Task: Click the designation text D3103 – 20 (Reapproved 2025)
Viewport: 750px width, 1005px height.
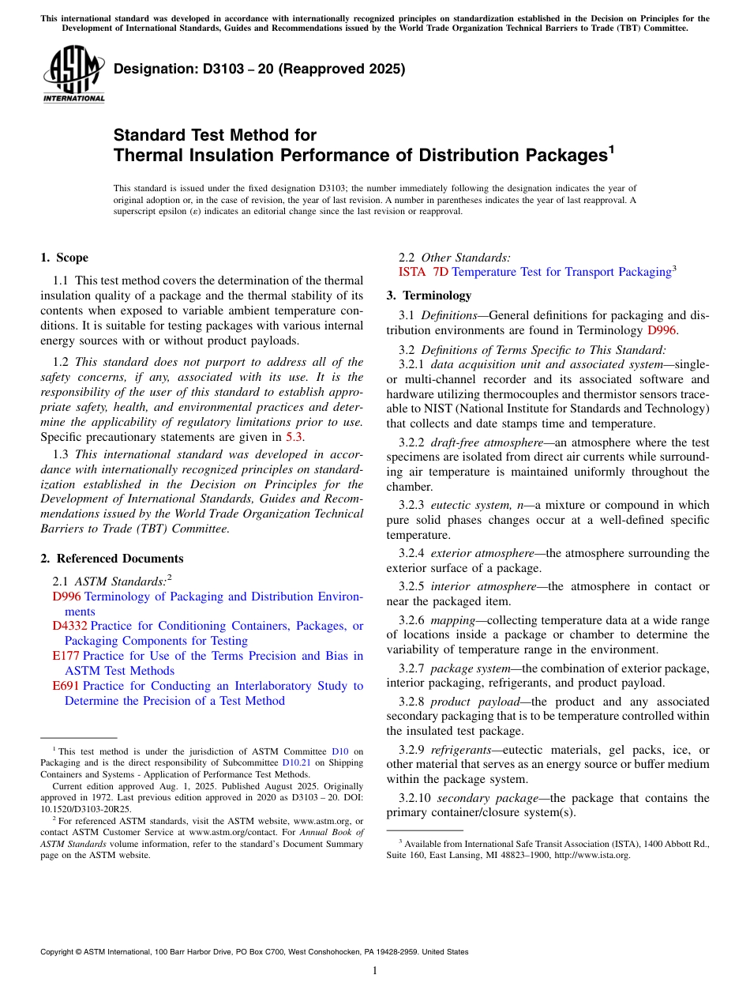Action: (x=259, y=69)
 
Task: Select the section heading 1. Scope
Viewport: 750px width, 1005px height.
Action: (x=64, y=258)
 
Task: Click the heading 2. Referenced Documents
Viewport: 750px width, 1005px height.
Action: (x=111, y=559)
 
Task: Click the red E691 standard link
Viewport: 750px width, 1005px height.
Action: (x=66, y=686)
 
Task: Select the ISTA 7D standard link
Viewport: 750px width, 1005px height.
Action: (x=424, y=272)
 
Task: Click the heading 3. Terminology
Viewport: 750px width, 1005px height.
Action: (x=429, y=295)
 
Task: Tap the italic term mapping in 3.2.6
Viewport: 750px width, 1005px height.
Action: (x=453, y=620)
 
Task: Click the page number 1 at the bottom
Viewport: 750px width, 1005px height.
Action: (x=375, y=971)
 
